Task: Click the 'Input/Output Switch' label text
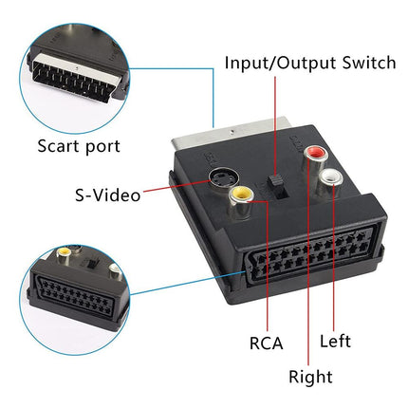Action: click(309, 63)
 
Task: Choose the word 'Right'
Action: click(310, 377)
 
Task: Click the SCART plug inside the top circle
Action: click(66, 78)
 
